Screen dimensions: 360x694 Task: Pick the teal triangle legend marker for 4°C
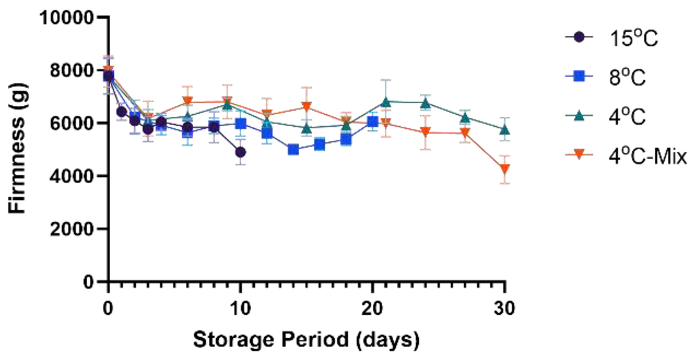[579, 116]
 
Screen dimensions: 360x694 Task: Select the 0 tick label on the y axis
[88, 282]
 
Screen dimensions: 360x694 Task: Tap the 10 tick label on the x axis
[240, 309]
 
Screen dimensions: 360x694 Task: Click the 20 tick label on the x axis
[372, 309]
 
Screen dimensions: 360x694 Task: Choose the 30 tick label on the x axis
[504, 309]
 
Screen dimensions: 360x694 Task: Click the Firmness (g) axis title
[18, 148]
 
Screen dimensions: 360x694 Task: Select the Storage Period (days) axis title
[306, 340]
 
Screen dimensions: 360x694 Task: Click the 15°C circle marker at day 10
[240, 152]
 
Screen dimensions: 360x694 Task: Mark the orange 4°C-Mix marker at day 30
[504, 169]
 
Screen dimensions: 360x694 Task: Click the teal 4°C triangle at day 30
[505, 130]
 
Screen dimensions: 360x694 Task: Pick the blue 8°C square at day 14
[293, 150]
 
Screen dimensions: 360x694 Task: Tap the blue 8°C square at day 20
[372, 121]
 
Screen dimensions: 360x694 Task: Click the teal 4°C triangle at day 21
[386, 102]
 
